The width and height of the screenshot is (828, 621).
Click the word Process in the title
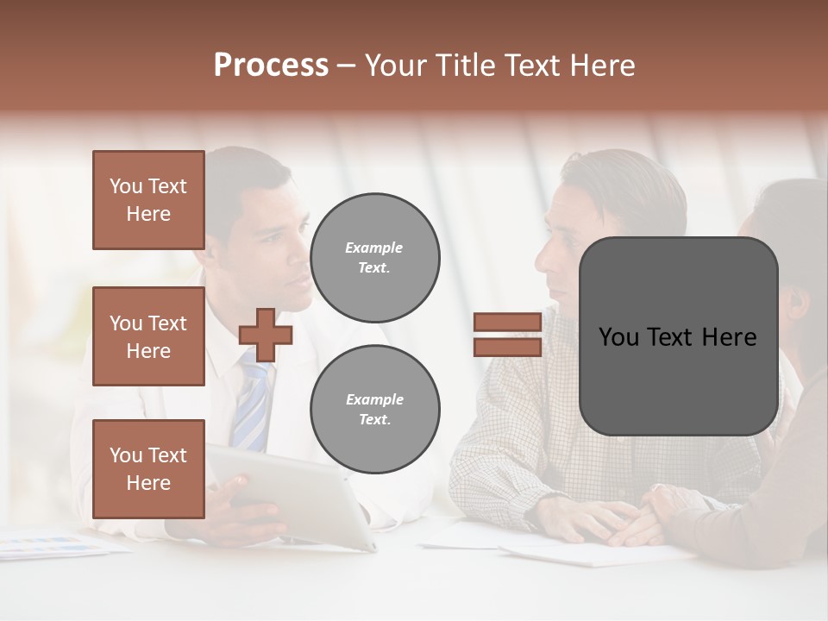tap(271, 66)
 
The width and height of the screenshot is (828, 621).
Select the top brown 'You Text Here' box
tap(148, 200)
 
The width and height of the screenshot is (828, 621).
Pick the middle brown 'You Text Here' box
tap(148, 336)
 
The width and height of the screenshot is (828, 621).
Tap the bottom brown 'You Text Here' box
tap(148, 469)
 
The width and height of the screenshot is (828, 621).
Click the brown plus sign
tap(266, 335)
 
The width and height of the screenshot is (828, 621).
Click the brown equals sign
tap(507, 335)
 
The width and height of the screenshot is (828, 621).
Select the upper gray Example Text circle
tap(374, 258)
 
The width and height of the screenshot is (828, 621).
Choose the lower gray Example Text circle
tap(374, 410)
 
